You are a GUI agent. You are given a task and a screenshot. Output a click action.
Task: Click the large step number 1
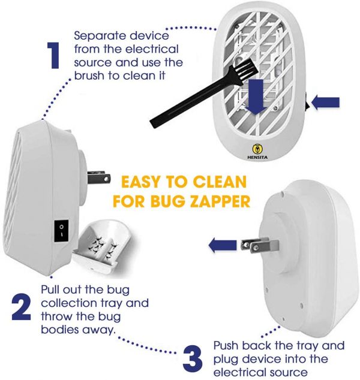[x=54, y=55]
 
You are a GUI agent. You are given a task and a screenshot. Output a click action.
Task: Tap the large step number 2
[x=22, y=307]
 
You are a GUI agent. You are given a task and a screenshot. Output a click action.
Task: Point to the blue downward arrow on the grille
[x=256, y=96]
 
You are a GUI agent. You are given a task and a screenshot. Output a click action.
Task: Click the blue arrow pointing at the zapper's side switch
[x=325, y=102]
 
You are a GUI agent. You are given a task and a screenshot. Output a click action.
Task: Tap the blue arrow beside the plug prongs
[x=222, y=245]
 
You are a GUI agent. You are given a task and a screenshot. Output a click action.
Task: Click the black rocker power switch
[x=61, y=231]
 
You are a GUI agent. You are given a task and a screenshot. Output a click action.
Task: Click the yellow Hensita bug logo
[x=257, y=149]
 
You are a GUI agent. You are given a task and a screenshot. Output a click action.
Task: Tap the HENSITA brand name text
[x=257, y=157]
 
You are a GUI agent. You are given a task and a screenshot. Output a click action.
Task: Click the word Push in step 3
[x=227, y=346]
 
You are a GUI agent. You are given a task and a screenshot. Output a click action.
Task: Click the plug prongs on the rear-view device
[x=260, y=245]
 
